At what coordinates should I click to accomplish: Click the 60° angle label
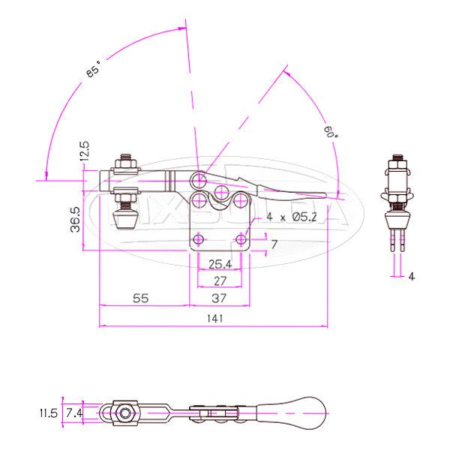pyautogui.click(x=331, y=133)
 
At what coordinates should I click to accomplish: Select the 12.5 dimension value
pyautogui.click(x=85, y=151)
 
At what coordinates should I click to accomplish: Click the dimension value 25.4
pyautogui.click(x=220, y=264)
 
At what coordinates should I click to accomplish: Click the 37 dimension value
pyautogui.click(x=220, y=298)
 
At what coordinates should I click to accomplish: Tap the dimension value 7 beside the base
pyautogui.click(x=274, y=244)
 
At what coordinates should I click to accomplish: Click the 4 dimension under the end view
pyautogui.click(x=412, y=276)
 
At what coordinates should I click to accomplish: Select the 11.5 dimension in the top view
pyautogui.click(x=48, y=412)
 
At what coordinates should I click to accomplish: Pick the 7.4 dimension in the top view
pyautogui.click(x=73, y=412)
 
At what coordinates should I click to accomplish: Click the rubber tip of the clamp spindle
pyautogui.click(x=124, y=218)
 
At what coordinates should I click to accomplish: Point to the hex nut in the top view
pyautogui.click(x=124, y=412)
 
